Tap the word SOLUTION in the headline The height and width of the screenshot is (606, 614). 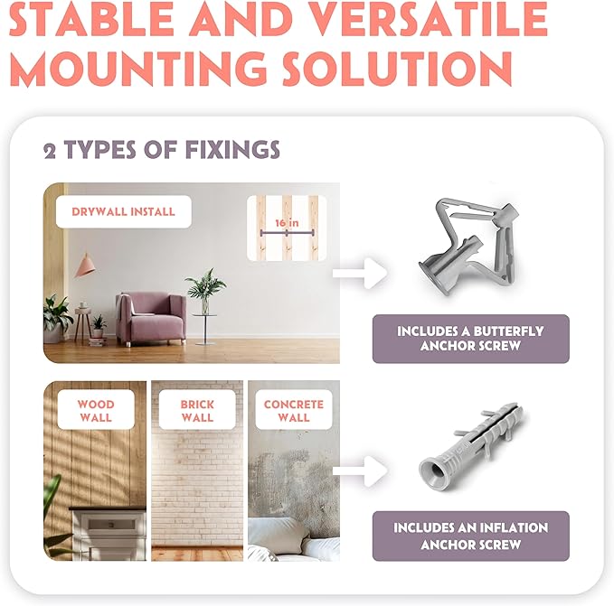398,68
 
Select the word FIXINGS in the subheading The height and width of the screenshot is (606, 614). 232,150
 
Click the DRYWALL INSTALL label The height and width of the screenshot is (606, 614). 123,211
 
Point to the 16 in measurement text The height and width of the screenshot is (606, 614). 287,223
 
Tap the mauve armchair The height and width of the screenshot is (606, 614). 151,319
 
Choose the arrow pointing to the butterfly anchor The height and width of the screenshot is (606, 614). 360,274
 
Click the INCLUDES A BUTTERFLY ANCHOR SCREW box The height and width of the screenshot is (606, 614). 471,339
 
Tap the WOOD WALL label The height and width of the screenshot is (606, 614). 96,410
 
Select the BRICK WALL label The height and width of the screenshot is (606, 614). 197,410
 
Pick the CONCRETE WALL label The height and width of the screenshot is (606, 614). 294,410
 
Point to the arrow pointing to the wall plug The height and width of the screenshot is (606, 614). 360,471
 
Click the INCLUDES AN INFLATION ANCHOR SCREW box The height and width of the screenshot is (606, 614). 471,536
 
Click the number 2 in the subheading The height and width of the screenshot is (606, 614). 50,152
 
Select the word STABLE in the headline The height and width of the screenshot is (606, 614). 90,18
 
